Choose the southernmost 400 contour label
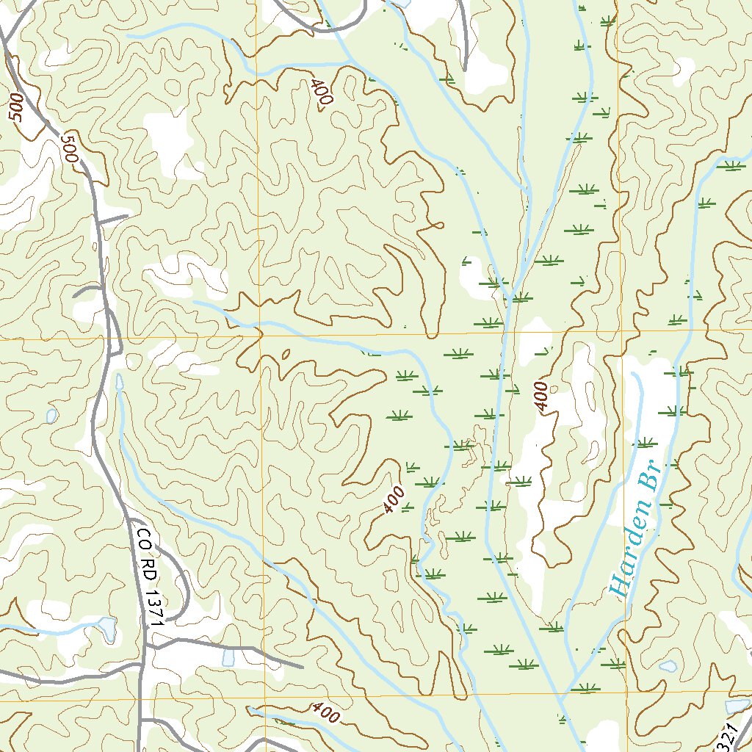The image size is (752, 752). click(x=325, y=711)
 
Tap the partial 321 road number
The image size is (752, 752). click(x=727, y=736)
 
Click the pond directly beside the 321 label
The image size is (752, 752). click(x=736, y=706)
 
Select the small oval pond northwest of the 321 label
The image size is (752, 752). click(x=668, y=666)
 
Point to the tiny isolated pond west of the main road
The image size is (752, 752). click(x=51, y=416)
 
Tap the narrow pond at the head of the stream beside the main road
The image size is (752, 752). click(x=119, y=384)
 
